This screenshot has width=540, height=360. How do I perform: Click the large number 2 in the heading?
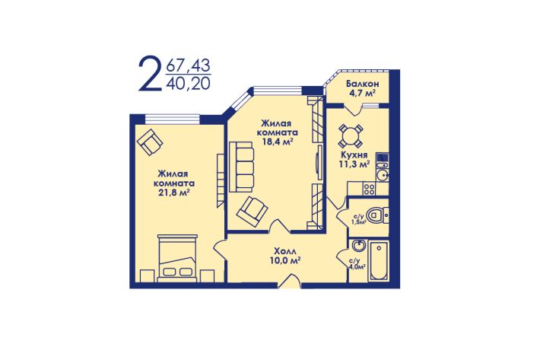click(x=150, y=73)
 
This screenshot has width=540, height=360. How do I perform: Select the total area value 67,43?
click(x=189, y=65)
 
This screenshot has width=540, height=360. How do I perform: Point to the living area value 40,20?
click(x=189, y=84)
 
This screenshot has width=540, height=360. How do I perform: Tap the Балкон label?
click(x=363, y=84)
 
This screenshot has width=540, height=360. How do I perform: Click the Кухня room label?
click(x=354, y=155)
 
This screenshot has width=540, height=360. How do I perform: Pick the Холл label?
click(x=285, y=251)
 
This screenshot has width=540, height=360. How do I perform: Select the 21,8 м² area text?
click(x=174, y=193)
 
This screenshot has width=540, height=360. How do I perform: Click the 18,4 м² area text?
click(x=278, y=142)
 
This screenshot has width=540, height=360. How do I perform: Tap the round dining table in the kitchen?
click(x=351, y=135)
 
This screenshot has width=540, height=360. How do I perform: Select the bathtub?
click(x=378, y=260)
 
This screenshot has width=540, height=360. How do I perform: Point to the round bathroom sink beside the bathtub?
click(x=359, y=247)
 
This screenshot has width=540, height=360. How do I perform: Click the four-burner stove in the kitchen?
click(x=370, y=189)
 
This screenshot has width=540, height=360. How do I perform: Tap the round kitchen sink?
click(x=382, y=175)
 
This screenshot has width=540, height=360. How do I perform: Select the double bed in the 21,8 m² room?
click(x=177, y=258)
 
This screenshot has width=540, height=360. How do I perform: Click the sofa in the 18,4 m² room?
click(x=241, y=167)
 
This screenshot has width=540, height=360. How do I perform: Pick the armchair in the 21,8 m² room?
click(x=150, y=142)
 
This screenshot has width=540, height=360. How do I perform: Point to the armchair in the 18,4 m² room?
click(x=253, y=212)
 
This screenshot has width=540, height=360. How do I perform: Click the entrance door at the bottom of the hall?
click(x=290, y=281)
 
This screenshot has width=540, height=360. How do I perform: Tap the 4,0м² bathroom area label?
click(x=357, y=263)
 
